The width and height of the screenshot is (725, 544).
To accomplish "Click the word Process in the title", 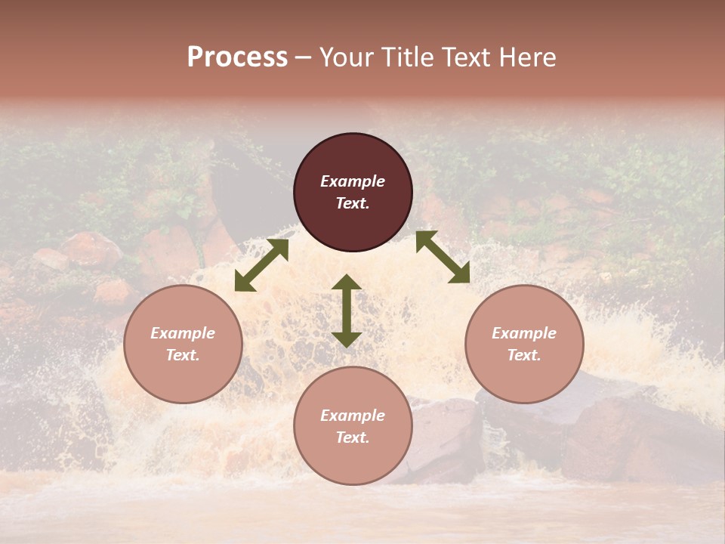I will coord(237,57).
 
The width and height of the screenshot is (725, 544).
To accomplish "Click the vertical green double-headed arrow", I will coord(347,311).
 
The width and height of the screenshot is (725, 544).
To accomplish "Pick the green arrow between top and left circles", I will coord(261,265).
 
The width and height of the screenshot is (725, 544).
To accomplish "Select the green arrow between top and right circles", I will coord(443,257).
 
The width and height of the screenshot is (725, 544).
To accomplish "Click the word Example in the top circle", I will coord(353,181).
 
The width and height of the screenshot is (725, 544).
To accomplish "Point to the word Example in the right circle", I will coord(524,333).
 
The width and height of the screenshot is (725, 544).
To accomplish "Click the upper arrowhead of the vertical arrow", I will coord(347,283).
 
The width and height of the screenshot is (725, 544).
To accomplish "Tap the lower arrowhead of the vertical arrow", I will coord(347,338).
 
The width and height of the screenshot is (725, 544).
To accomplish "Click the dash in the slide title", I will coord(304,57).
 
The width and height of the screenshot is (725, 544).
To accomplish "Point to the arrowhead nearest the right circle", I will coord(460,274).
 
